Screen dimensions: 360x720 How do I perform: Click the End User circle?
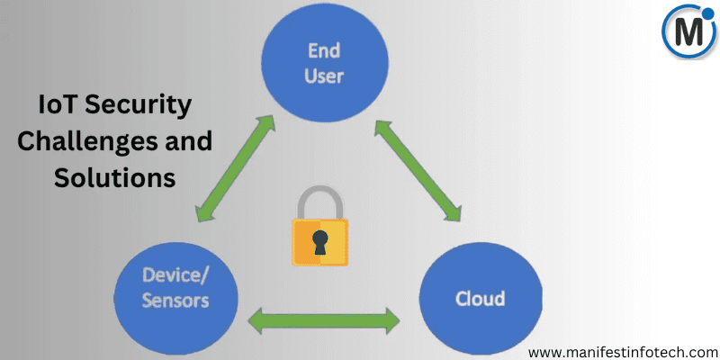324,62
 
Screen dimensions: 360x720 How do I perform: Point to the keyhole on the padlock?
319,242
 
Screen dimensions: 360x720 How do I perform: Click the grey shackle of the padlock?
319,201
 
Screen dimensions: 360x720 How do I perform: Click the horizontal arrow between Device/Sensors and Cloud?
323,319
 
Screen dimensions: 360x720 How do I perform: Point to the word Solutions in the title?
114,177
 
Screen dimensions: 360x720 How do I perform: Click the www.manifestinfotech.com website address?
623,346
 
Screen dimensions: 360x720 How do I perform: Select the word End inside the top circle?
324,50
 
